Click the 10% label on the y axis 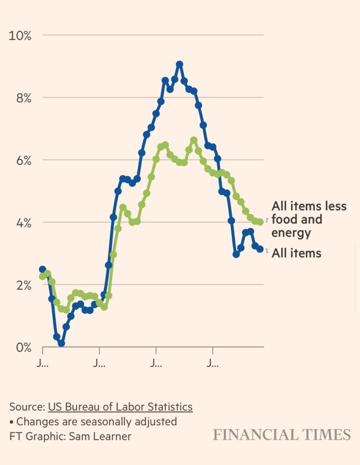20,35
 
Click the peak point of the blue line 180,64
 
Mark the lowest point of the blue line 61,343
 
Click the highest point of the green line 194,140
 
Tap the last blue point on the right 260,249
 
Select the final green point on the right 260,222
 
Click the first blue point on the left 42,269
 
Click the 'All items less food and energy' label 309,219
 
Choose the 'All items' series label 296,253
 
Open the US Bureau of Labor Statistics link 120,407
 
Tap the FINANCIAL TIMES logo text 282,435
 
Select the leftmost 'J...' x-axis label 43,363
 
